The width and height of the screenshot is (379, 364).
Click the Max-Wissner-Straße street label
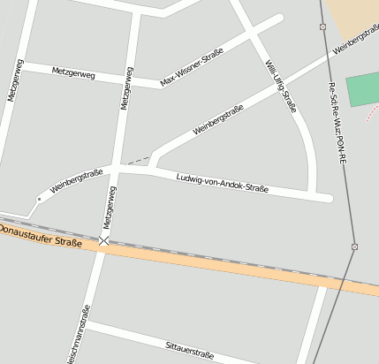click(x=192, y=67)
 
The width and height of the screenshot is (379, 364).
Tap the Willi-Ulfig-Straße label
click(x=279, y=86)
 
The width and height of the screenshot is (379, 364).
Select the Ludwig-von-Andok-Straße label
click(x=222, y=182)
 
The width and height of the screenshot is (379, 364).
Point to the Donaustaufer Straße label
click(x=40, y=236)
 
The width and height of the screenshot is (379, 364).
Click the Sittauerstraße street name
click(x=190, y=350)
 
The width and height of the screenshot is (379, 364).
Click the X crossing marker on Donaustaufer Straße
click(x=104, y=239)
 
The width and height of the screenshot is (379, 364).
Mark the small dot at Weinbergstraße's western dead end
click(x=39, y=200)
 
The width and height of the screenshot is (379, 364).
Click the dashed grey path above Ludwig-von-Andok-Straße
click(x=136, y=161)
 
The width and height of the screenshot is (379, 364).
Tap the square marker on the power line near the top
click(x=322, y=27)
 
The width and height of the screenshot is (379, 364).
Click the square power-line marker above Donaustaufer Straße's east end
click(x=354, y=246)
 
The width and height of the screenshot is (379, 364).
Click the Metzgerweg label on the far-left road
click(x=14, y=80)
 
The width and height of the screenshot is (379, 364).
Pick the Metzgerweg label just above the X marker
click(x=110, y=206)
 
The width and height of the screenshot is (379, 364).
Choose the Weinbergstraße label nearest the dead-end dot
click(x=77, y=180)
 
